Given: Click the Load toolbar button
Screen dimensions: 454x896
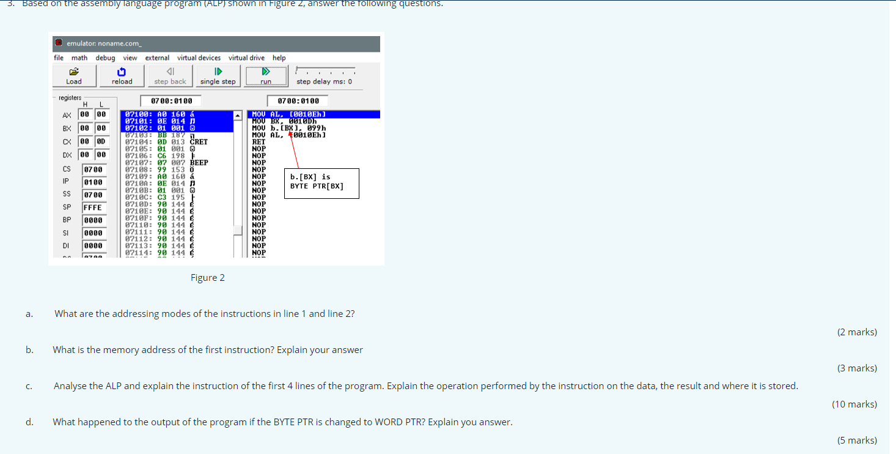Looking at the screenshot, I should tap(74, 76).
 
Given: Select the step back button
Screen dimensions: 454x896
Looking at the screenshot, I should tap(170, 76).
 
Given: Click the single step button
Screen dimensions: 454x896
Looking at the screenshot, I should tap(218, 76).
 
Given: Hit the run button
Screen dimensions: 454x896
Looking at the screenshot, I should tap(265, 76).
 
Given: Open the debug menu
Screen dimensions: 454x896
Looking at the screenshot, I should tap(105, 58).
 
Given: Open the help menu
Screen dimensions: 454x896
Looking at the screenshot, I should tap(279, 58).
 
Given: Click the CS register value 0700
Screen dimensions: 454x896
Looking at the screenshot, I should tap(93, 169).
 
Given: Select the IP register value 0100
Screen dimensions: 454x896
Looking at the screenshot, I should tap(93, 182).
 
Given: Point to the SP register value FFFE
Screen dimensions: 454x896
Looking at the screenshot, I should tap(93, 207).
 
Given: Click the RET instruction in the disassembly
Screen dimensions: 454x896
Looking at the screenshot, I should tap(259, 141).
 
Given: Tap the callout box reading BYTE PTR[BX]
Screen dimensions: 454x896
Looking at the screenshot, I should tap(322, 183).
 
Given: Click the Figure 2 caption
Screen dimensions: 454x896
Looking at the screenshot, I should tap(207, 278).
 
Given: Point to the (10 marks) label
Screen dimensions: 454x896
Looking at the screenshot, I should tap(854, 404).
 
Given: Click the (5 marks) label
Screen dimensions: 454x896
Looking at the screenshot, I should tap(857, 441).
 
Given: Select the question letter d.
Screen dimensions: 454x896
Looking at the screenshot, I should tap(29, 422).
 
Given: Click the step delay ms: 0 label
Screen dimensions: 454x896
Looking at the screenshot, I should tap(324, 81).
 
